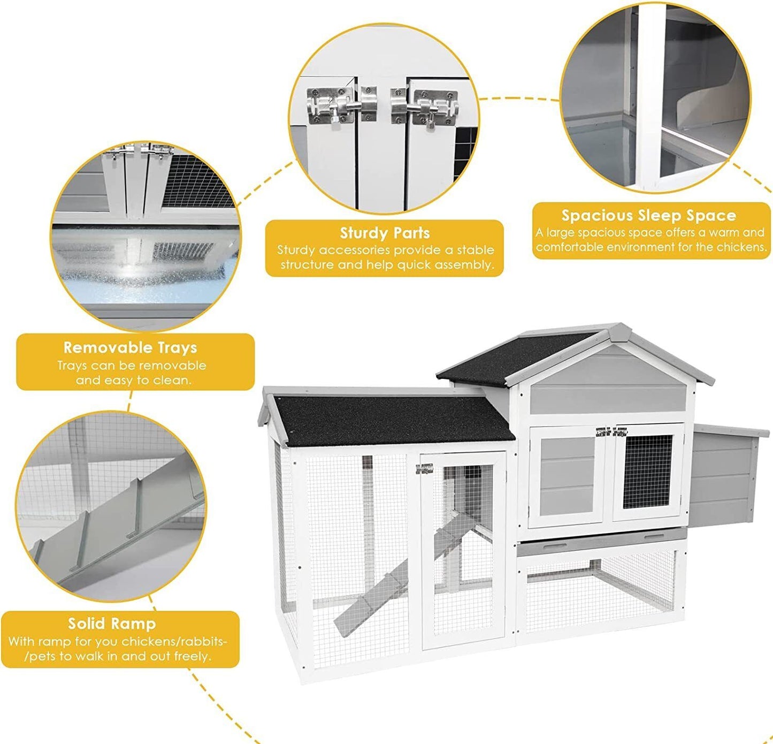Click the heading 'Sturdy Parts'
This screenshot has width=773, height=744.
(385, 233)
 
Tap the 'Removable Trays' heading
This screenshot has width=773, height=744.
(131, 348)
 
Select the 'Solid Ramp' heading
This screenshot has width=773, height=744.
(112, 624)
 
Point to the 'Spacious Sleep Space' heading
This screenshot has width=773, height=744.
(649, 216)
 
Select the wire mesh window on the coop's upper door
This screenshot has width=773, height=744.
(648, 472)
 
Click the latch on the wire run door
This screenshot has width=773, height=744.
(424, 469)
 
